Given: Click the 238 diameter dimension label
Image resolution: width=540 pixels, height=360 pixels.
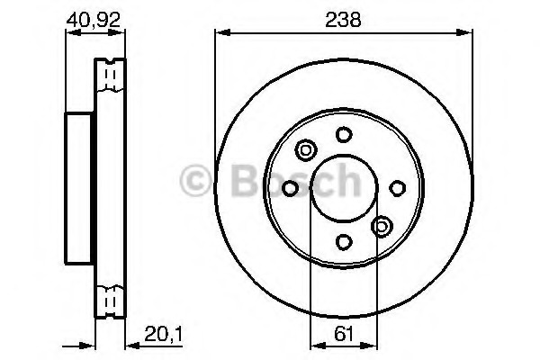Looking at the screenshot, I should pos(343,20).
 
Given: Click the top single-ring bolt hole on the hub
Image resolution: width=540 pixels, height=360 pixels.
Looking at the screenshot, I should pos(343,134).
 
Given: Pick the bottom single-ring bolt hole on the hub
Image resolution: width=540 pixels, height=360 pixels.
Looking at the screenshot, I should pos(343,241).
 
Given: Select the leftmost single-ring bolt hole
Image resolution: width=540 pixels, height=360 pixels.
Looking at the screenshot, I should pos(290,187).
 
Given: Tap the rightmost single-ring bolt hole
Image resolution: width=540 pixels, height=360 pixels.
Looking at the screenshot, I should pos(396,187).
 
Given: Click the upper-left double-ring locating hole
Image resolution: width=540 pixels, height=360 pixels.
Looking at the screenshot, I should pos(305,150).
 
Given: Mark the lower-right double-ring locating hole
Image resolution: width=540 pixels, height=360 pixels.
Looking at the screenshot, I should pos(381,226).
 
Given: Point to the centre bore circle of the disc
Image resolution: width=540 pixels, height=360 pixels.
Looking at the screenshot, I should pos(343,187).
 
